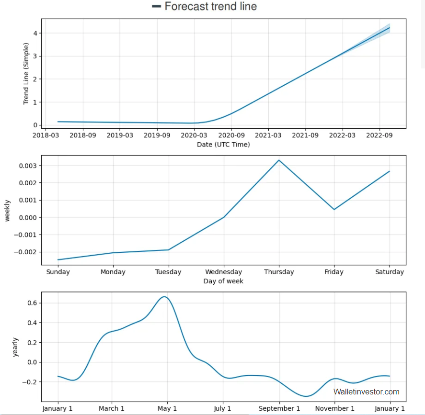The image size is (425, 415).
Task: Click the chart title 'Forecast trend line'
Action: tap(210, 7)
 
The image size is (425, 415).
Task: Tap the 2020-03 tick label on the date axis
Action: tap(194, 135)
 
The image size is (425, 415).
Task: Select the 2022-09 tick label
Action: tap(379, 135)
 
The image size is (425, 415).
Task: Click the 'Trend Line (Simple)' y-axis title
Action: tap(26, 74)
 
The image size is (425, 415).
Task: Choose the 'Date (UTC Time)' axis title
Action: tap(223, 144)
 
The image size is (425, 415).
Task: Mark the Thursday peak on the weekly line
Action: tap(279, 160)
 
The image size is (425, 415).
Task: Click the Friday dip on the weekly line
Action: tap(334, 209)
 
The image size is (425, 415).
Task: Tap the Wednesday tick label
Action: tap(223, 272)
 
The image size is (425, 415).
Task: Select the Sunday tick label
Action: tap(58, 272)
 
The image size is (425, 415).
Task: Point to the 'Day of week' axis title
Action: tap(223, 281)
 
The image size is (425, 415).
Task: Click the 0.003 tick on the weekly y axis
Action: tap(28, 166)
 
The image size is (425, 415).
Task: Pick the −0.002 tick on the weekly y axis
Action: tap(27, 252)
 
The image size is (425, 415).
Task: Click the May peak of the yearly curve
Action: tap(164, 297)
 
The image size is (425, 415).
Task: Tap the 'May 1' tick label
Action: tap(167, 408)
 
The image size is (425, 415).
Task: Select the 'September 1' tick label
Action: tap(279, 408)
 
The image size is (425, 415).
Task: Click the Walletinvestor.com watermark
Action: tap(366, 392)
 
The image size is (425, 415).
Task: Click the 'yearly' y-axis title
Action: tap(16, 347)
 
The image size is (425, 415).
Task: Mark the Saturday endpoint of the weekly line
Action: tap(390, 171)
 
